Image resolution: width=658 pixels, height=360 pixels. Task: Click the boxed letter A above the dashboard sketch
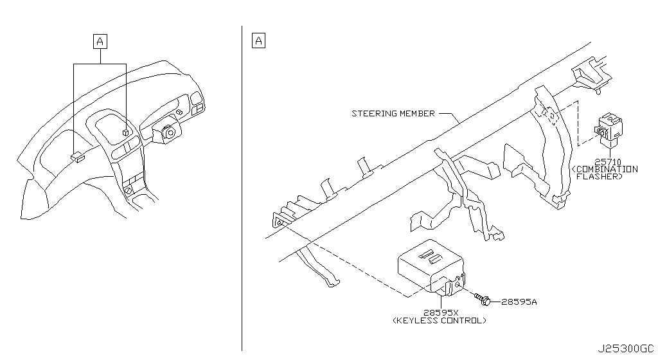click(100, 42)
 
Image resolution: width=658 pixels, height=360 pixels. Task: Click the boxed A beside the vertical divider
click(258, 41)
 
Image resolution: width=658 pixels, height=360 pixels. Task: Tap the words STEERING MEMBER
click(393, 114)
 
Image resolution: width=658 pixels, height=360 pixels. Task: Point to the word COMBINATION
click(607, 169)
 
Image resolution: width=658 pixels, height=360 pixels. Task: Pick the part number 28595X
click(441, 312)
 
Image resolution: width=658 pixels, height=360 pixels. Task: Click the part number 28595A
click(519, 301)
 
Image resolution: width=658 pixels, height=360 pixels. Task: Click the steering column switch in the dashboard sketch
click(168, 132)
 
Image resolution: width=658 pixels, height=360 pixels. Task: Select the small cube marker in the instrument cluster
click(127, 132)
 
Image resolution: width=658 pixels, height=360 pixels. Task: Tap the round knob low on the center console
click(129, 191)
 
